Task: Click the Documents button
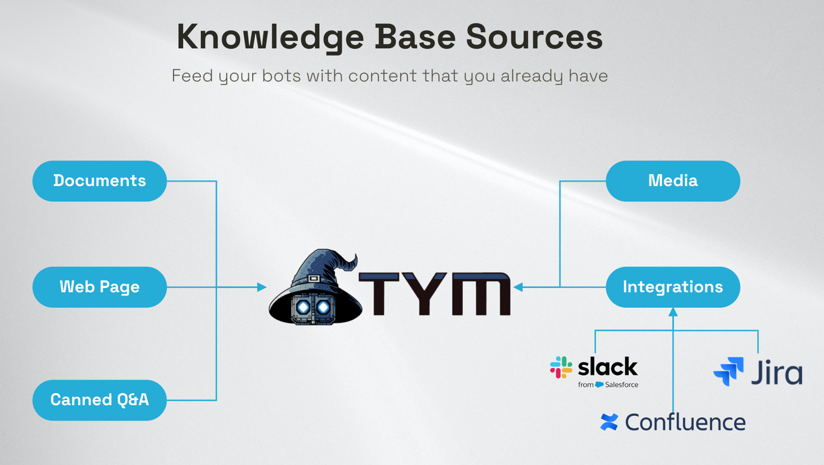coord(99,181)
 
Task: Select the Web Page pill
coord(99,287)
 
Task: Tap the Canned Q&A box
coord(99,400)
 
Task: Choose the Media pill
coord(673,181)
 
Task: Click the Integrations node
coord(673,287)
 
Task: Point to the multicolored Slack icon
coord(561,367)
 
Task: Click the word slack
coord(608,367)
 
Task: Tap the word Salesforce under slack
coord(622,385)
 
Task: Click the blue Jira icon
coord(729,371)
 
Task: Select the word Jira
coord(777,372)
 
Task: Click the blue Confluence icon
coord(609,422)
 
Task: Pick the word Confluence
coord(685,423)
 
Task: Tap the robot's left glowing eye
coord(303,308)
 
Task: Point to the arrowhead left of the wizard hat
coord(262,287)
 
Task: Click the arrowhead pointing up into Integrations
coord(673,312)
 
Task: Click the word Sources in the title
coord(534,37)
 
